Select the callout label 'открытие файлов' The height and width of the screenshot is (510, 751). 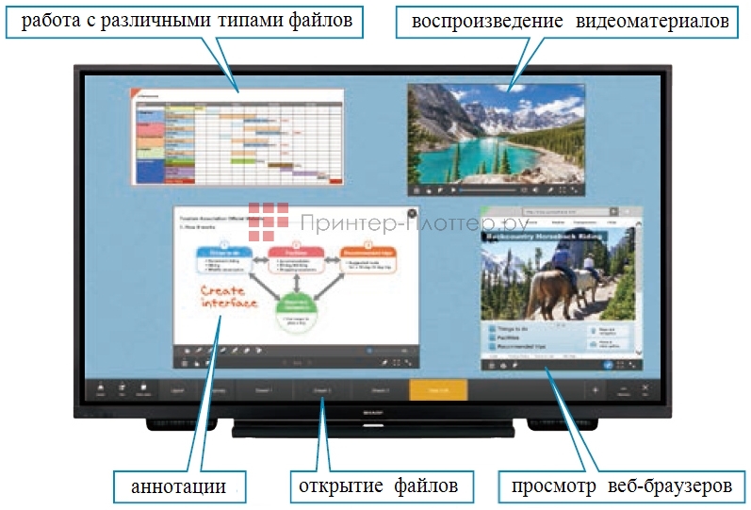[x=378, y=487]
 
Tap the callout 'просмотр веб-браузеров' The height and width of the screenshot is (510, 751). [x=621, y=487]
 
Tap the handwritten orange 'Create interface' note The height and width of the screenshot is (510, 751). [x=229, y=298]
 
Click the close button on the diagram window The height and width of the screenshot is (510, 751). [x=412, y=214]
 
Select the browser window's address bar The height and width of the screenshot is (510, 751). [x=561, y=211]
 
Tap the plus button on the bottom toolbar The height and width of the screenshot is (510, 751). [x=595, y=388]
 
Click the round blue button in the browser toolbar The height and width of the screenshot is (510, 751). [x=608, y=364]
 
